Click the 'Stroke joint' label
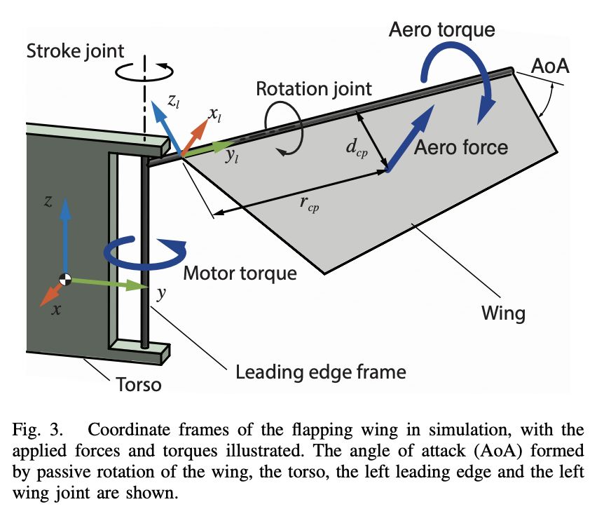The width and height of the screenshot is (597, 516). pos(75,51)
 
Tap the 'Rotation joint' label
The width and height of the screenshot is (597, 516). pos(313,89)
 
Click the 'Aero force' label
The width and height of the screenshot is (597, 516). pos(460,147)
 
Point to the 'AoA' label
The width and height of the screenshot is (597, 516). pos(550,67)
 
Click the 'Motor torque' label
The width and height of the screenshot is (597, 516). pos(240,272)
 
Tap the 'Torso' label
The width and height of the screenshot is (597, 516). pos(136,384)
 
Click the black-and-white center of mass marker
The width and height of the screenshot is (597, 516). pos(65,279)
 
